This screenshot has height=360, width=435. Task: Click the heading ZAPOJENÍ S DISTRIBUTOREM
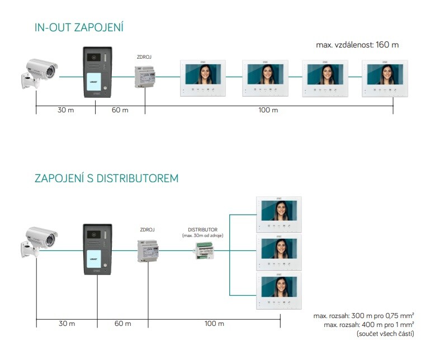pos(106,178)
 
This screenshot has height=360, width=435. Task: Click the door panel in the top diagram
pos(98,72)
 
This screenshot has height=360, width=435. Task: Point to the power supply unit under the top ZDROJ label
pos(145,76)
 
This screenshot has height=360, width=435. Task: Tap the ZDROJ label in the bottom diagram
pos(147,230)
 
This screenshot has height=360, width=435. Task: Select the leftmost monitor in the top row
pos(204,78)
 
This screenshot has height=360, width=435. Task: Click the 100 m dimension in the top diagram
pos(268,110)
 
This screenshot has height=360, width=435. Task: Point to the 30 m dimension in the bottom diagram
pos(66,324)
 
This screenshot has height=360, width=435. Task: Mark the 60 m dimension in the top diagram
pos(120,110)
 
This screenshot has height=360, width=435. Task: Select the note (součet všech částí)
pos(385,334)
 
